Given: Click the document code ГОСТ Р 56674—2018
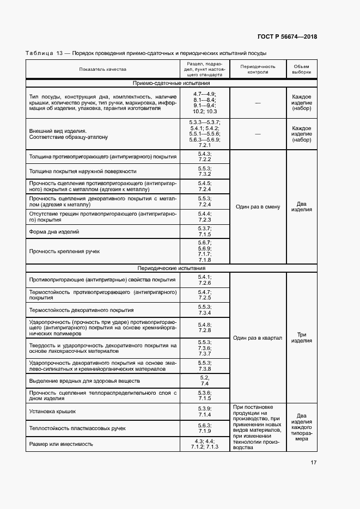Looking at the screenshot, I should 286,37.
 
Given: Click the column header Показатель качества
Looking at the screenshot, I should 102,70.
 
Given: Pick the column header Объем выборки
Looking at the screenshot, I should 301,69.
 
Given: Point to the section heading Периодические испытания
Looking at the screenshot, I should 171,268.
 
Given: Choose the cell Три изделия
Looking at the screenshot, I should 301,338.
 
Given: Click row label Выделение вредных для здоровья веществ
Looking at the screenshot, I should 84,381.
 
